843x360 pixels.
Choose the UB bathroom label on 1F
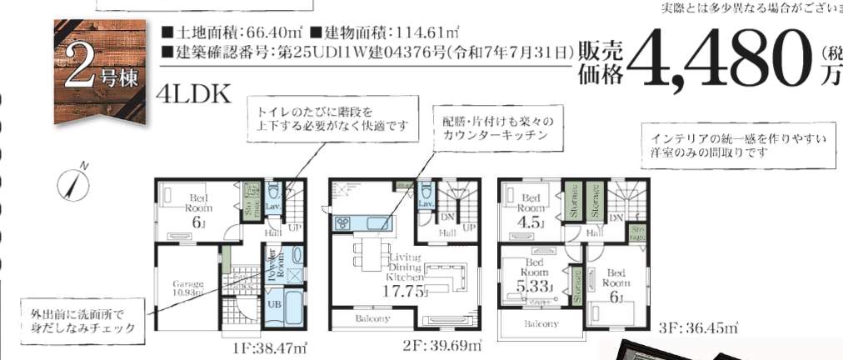coord(274,304)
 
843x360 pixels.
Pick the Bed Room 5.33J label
coord(533,278)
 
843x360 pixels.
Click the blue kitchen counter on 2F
coord(362,222)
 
